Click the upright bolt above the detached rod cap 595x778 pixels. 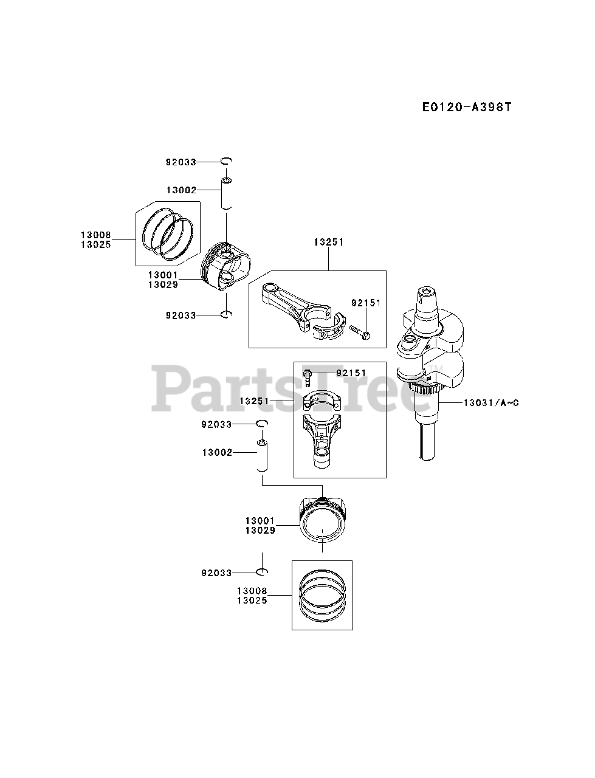click(308, 377)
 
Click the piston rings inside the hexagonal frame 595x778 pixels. click(167, 235)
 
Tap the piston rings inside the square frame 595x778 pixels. click(322, 595)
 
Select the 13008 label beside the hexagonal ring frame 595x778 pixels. click(95, 233)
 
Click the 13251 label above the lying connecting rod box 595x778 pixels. click(329, 242)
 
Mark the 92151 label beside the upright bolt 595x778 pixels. click(353, 373)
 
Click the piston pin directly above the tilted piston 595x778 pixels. click(226, 194)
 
